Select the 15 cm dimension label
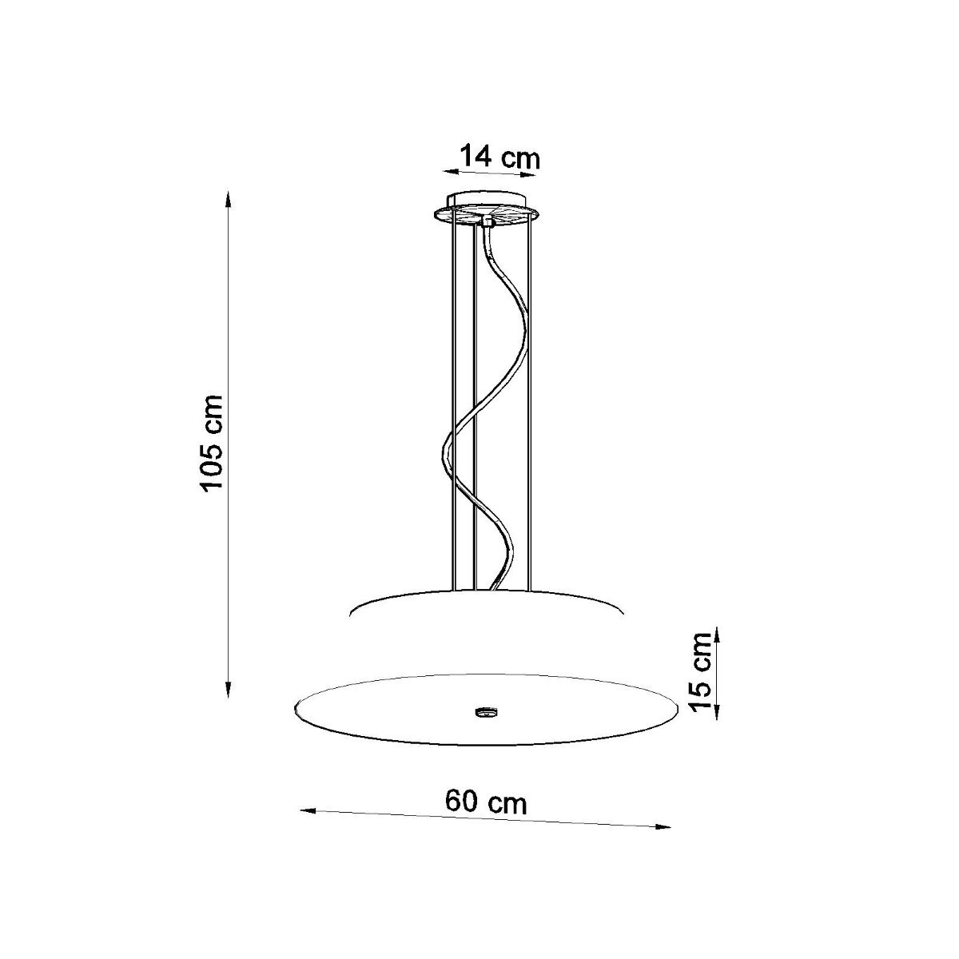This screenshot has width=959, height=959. pos(702,671)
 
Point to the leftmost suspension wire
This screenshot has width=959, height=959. pos(452,400)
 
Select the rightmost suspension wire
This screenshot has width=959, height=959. pos(528,400)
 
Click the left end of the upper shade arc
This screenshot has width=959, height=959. pos(352,614)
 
